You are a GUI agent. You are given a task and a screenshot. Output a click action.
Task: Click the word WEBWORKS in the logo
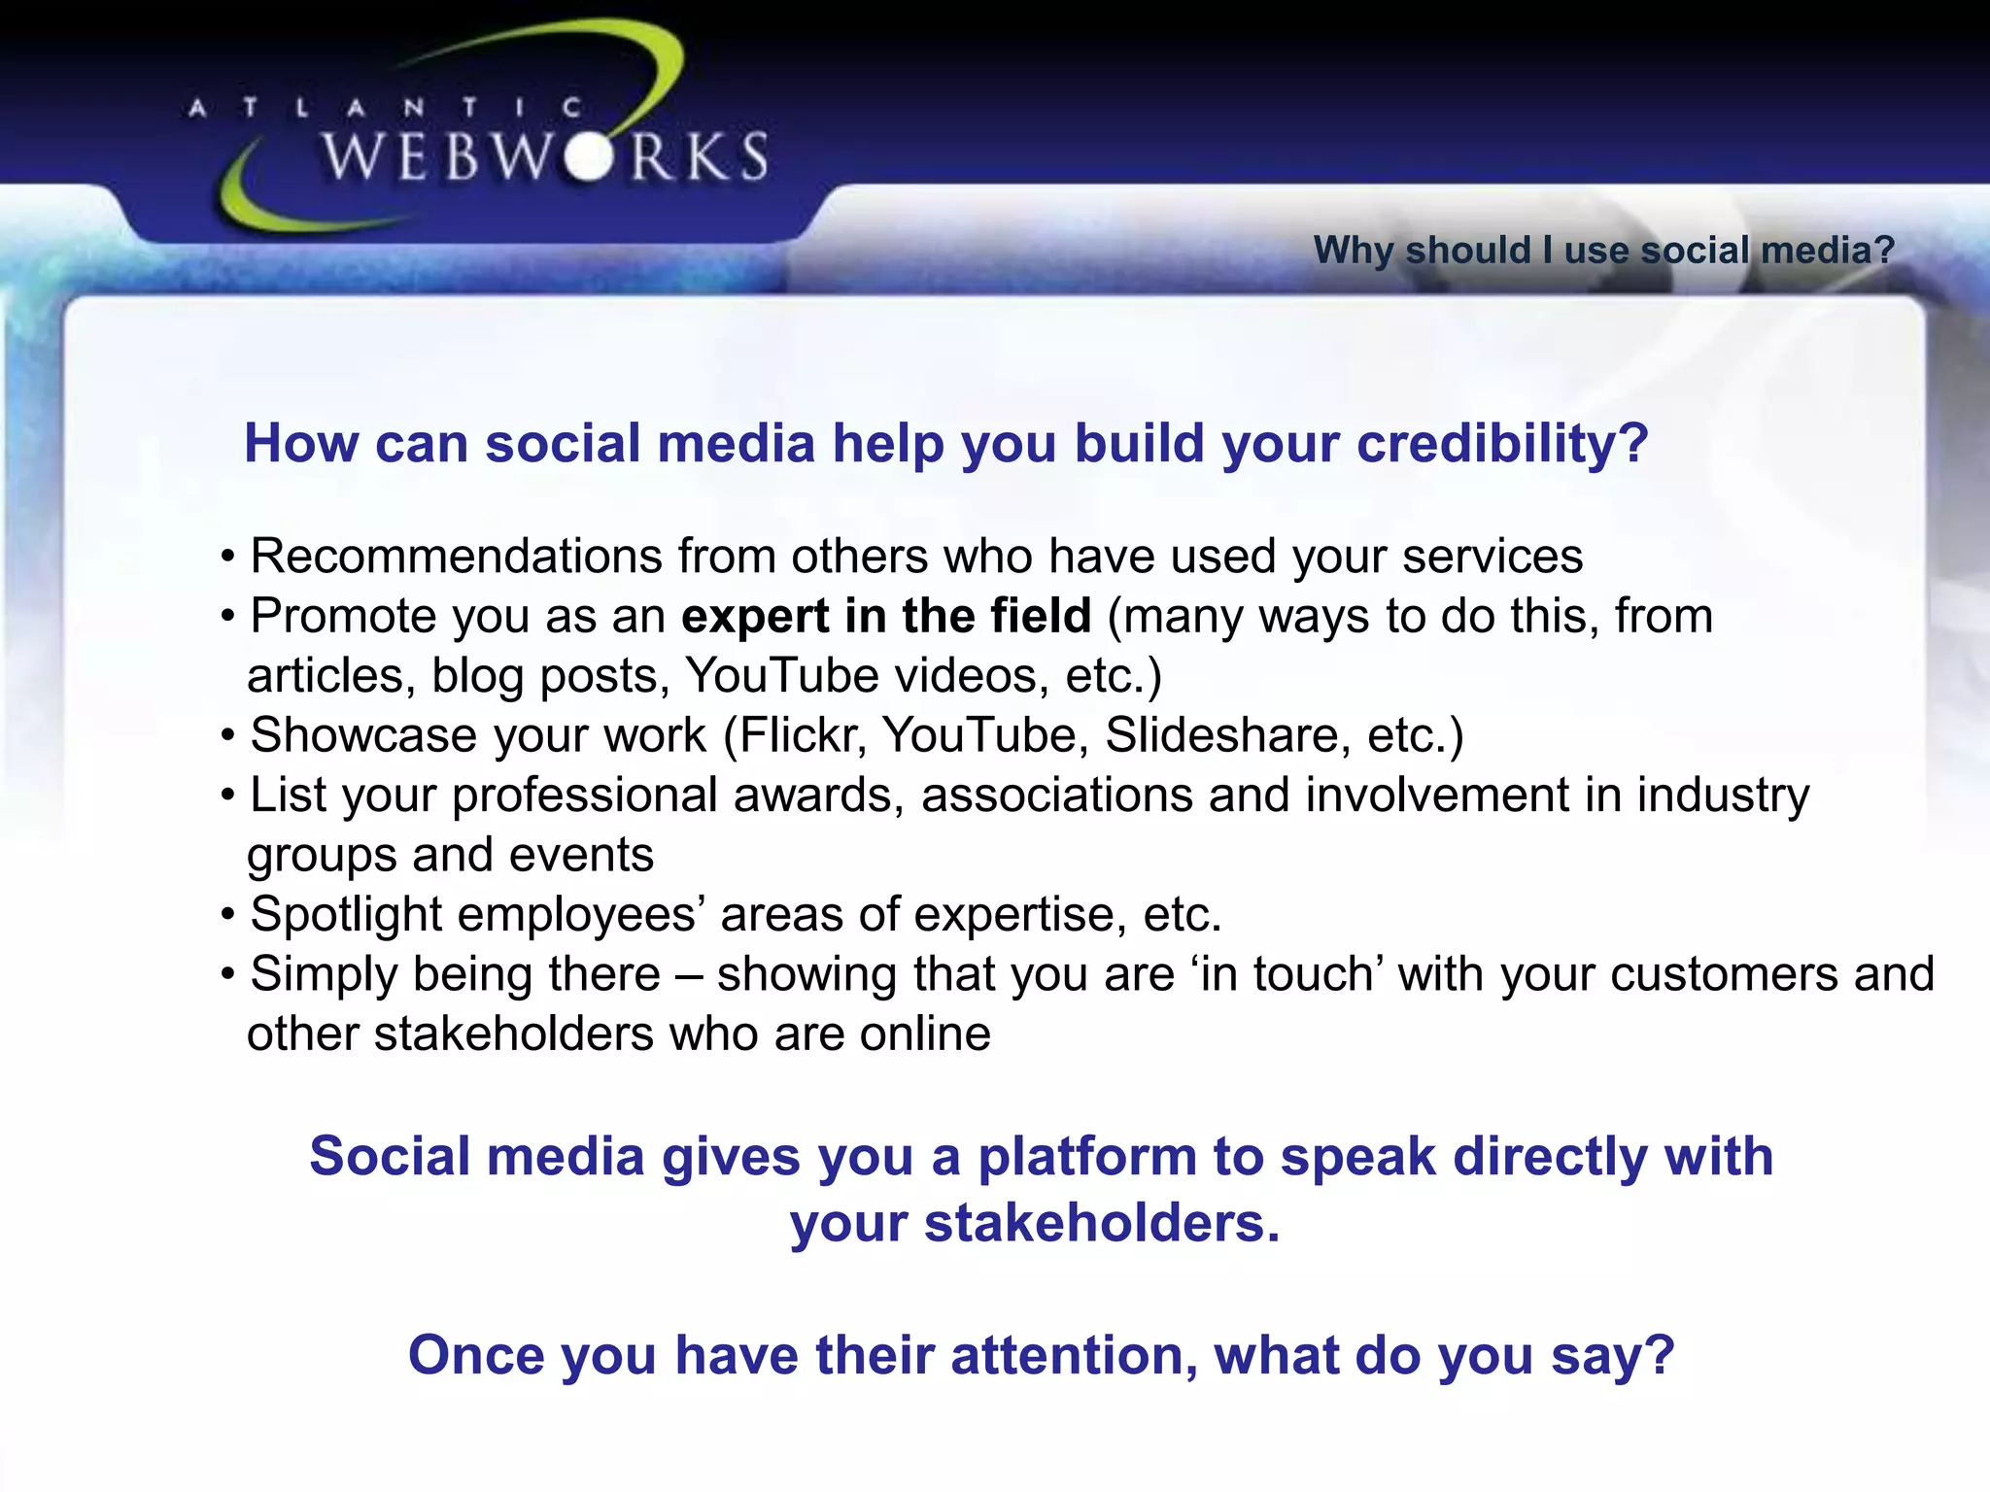(544, 157)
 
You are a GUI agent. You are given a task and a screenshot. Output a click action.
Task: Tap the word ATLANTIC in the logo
(385, 107)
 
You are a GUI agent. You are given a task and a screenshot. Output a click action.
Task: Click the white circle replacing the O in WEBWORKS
(587, 157)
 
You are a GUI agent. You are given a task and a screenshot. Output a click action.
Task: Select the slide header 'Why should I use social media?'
(1603, 251)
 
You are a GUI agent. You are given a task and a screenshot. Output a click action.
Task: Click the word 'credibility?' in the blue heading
(1502, 444)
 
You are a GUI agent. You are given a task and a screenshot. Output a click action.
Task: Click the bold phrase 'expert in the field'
(886, 616)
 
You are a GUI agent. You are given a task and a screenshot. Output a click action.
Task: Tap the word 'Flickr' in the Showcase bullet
(802, 735)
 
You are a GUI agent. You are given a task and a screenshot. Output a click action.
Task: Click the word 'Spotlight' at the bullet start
(345, 915)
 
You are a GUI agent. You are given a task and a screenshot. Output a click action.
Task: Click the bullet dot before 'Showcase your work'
(228, 736)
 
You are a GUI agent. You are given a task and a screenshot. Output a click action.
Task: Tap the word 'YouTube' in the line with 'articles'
(782, 676)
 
